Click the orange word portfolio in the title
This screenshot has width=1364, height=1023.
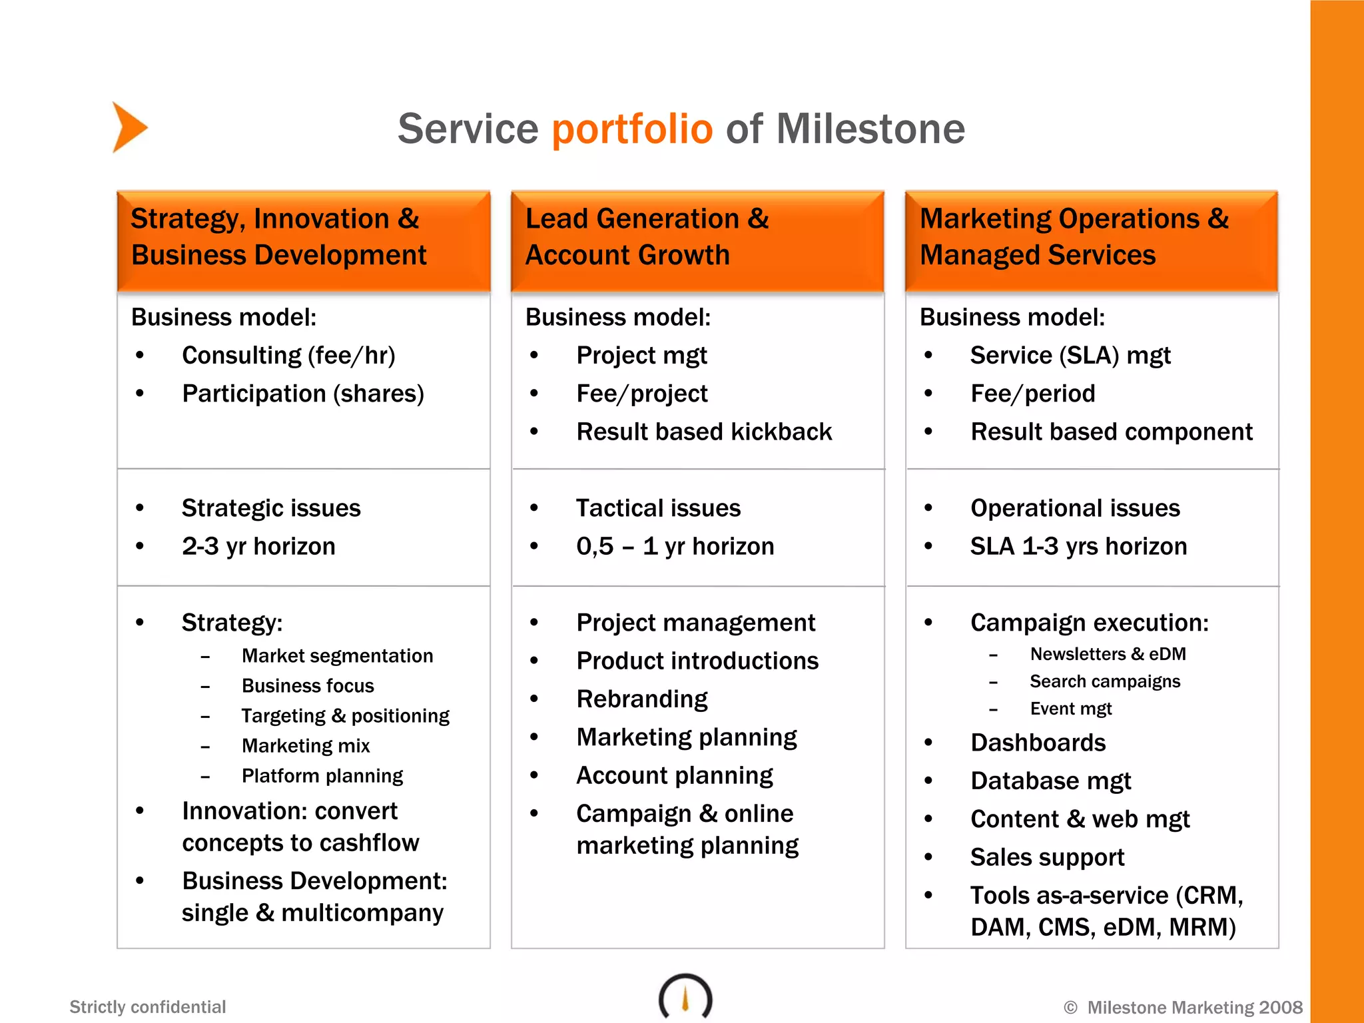point(632,129)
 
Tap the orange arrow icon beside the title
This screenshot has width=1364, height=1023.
point(129,127)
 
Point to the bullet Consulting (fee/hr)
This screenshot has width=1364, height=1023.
point(288,356)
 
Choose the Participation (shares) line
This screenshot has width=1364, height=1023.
point(303,394)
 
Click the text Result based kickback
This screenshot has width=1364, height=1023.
point(704,432)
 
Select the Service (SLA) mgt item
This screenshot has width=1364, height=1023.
point(1070,356)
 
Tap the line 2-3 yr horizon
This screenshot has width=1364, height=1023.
point(258,546)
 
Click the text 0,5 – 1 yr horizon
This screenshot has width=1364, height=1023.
point(675,546)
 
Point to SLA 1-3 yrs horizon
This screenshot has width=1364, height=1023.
point(1078,546)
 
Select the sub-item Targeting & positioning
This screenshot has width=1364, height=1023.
point(345,716)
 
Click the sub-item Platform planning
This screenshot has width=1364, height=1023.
point(322,776)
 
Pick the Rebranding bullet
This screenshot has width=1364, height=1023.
point(641,699)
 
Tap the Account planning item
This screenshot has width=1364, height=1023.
point(674,775)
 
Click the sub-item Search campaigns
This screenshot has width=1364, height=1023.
point(1104,681)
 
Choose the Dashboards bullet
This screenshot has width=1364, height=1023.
point(1038,743)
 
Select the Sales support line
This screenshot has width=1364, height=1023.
point(1047,857)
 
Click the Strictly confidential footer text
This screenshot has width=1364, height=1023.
point(148,1006)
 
